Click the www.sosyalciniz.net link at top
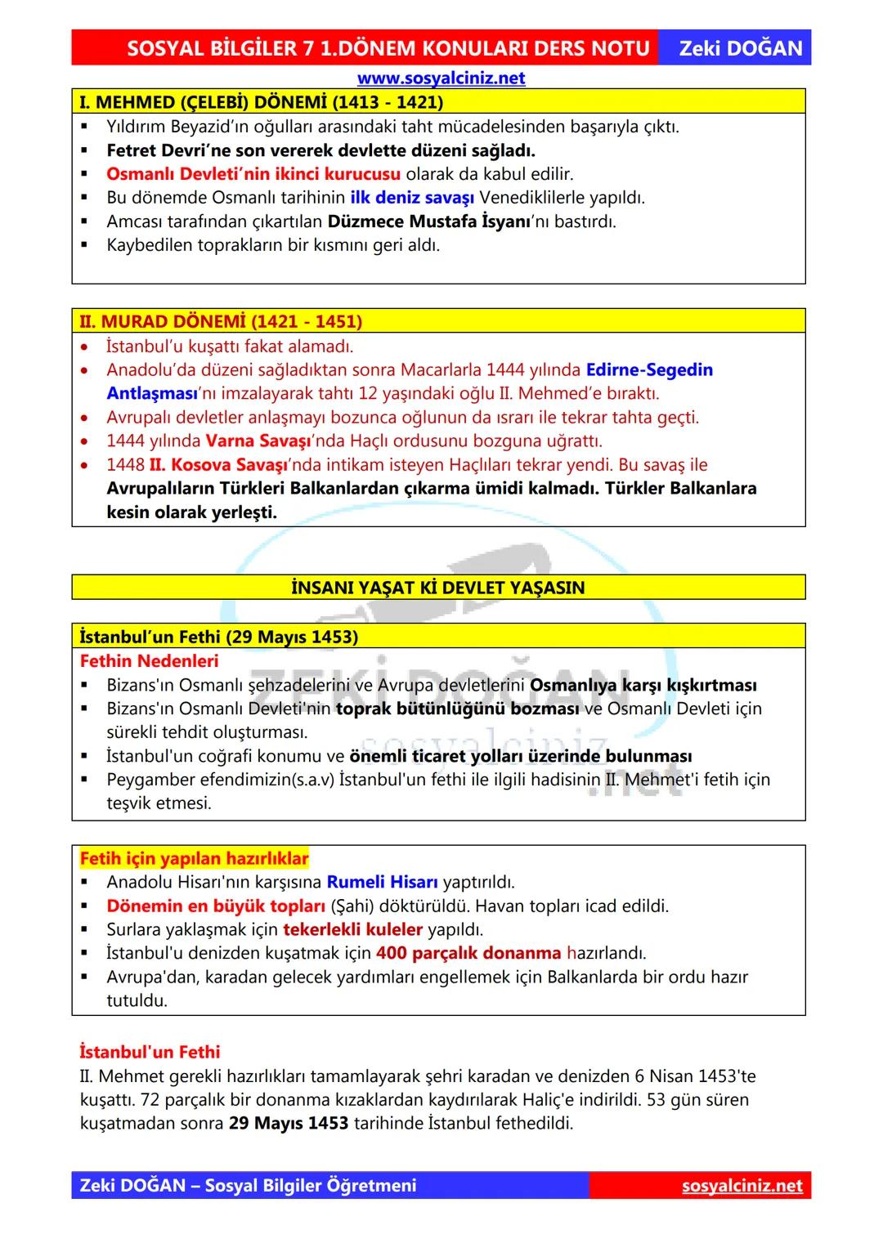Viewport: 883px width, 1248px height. (441, 78)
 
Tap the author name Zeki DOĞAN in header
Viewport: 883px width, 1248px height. (741, 48)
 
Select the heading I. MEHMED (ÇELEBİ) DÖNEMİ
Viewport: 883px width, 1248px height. (261, 102)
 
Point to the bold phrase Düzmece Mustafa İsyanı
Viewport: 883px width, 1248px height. (429, 221)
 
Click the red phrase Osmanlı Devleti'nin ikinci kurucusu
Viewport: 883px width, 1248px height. (253, 174)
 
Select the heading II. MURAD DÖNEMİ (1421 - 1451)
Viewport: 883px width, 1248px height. (221, 321)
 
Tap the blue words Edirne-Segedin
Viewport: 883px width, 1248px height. (649, 369)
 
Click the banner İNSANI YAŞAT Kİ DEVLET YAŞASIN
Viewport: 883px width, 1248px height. (438, 588)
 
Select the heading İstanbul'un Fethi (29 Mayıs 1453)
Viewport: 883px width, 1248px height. (219, 636)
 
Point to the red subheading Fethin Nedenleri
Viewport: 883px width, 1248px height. (149, 660)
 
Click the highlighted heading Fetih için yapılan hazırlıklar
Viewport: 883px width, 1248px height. (195, 858)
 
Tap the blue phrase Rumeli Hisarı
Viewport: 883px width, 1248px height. (382, 882)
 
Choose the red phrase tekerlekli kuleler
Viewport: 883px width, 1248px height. (352, 929)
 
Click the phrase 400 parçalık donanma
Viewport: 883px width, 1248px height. (468, 953)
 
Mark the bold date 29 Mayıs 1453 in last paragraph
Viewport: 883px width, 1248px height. (289, 1123)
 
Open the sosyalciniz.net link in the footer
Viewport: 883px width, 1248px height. (742, 1185)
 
